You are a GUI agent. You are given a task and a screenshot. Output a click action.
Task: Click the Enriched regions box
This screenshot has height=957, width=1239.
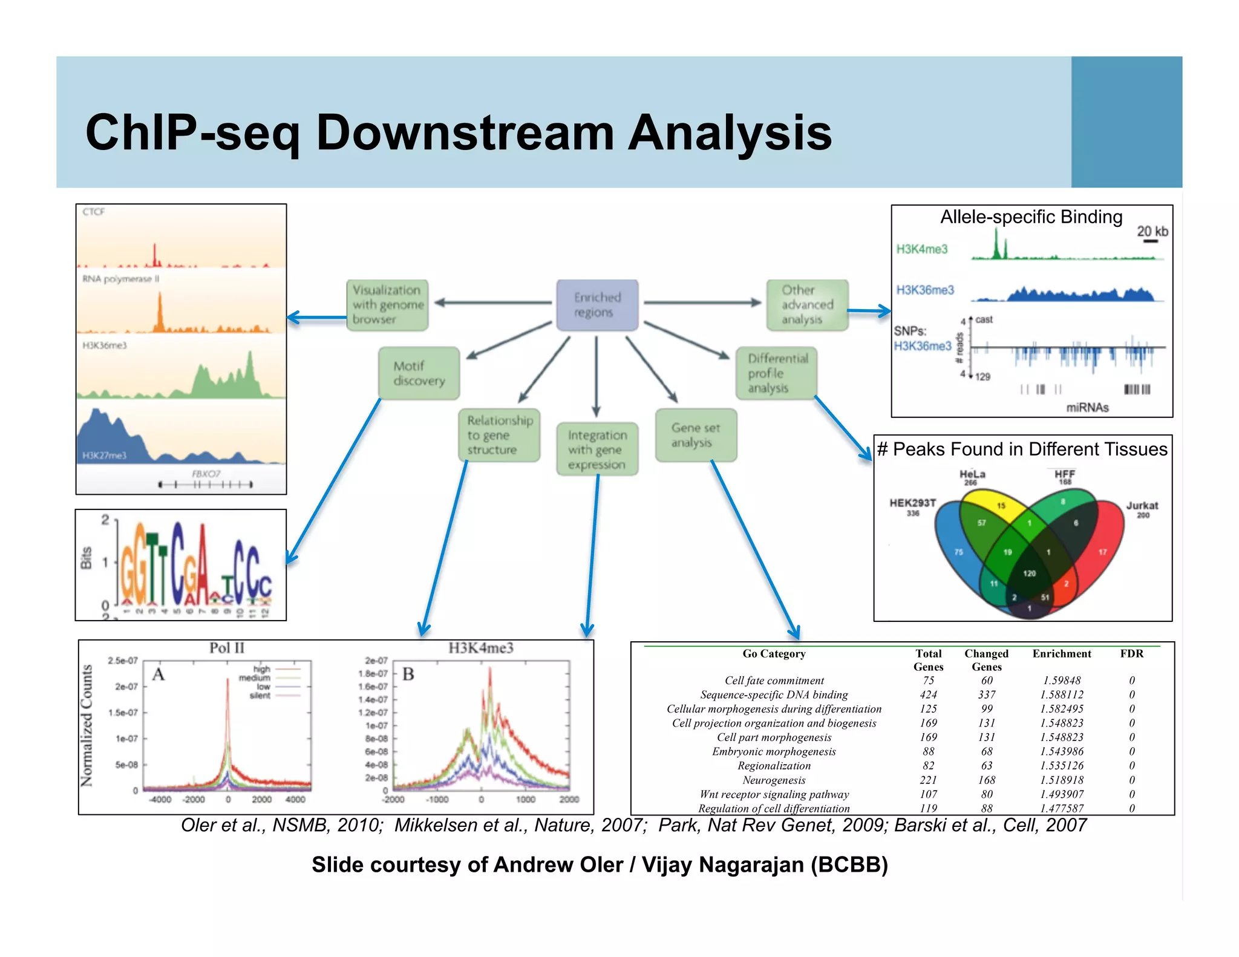[597, 305]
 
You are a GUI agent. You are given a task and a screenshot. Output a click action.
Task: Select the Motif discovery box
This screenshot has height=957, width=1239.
[419, 373]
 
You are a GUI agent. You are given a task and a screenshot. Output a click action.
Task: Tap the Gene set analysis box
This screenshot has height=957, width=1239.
[696, 435]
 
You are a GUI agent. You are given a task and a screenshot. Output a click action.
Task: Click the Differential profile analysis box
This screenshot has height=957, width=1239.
[777, 373]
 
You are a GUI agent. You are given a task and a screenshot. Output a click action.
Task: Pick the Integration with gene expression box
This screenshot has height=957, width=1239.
[597, 449]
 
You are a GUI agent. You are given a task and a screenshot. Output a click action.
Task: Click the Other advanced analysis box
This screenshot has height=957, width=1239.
[807, 305]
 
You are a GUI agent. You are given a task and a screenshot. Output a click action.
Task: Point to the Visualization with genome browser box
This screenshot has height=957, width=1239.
[387, 305]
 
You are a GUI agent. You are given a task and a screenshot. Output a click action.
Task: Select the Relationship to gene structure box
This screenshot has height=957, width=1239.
[499, 435]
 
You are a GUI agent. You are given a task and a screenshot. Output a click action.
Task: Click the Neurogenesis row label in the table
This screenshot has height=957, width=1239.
[774, 780]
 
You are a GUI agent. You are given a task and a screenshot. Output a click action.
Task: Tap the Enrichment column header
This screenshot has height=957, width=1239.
[1061, 653]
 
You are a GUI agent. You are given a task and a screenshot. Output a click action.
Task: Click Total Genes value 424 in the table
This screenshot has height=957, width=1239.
[928, 694]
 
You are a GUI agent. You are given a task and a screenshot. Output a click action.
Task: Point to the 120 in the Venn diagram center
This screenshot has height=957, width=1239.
[1029, 573]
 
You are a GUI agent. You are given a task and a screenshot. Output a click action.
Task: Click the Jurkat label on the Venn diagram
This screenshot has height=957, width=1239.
[1142, 506]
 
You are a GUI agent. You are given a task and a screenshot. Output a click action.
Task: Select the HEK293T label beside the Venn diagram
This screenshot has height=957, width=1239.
[912, 503]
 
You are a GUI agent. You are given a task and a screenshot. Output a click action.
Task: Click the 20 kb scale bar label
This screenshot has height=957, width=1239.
[1152, 231]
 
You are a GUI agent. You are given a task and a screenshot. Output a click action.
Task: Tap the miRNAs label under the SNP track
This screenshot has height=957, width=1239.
[1087, 407]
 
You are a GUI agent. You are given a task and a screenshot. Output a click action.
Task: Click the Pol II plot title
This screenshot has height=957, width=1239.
[227, 648]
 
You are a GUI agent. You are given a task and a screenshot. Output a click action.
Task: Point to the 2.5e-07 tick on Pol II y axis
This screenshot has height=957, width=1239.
[123, 661]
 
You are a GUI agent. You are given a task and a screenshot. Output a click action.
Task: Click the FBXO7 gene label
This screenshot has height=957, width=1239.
[206, 474]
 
